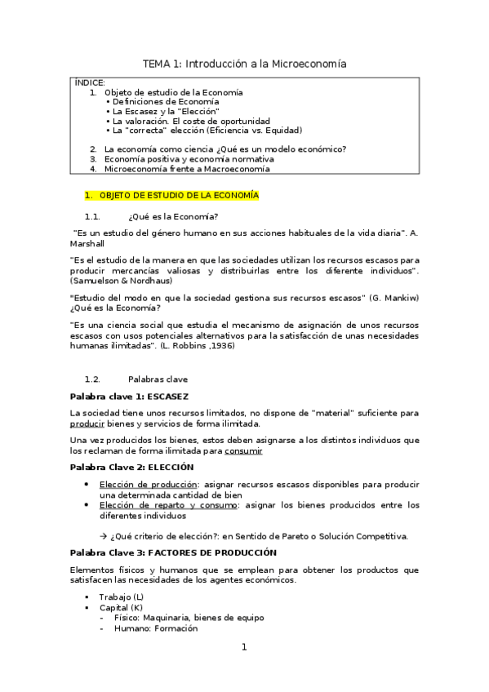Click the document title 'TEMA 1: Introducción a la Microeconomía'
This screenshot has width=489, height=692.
[244, 63]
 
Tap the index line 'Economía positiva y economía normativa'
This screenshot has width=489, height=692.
[189, 159]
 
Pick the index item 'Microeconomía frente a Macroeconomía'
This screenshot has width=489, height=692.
[192, 169]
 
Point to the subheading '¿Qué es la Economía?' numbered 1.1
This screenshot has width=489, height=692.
[173, 216]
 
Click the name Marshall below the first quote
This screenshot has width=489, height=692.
[87, 242]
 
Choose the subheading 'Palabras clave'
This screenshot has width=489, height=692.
[158, 379]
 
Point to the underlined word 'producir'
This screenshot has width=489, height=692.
[87, 424]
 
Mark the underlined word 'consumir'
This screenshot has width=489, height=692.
[244, 450]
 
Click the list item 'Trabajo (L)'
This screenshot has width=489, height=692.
[121, 597]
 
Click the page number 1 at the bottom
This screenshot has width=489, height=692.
[243, 647]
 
